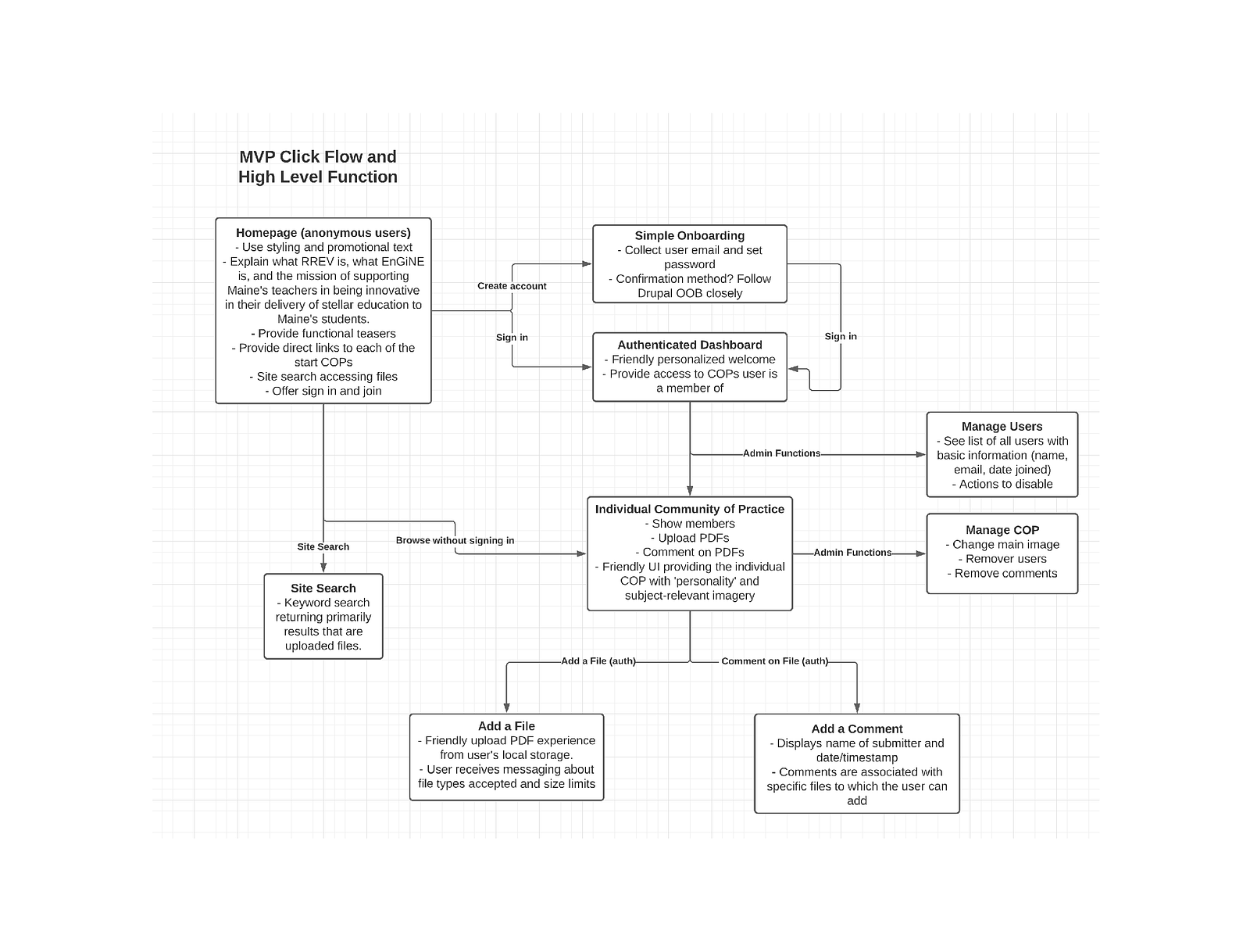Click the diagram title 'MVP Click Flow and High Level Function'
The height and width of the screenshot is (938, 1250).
click(x=318, y=166)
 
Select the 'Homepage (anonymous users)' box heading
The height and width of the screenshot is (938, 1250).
click(x=323, y=232)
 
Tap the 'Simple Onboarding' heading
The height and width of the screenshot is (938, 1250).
click(x=689, y=235)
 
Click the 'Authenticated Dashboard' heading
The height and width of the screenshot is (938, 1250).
click(x=689, y=345)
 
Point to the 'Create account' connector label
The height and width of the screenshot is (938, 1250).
click(x=512, y=286)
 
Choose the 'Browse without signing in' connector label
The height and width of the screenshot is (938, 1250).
click(x=455, y=540)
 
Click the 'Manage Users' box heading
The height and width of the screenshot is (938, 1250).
click(x=1002, y=426)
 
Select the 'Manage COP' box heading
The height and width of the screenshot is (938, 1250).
click(x=1002, y=530)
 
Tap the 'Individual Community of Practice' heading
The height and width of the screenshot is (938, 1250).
click(x=689, y=509)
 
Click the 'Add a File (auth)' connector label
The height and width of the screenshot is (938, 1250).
click(x=598, y=661)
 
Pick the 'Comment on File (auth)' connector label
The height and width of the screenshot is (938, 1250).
click(x=774, y=661)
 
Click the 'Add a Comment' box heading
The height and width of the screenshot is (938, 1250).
click(x=856, y=729)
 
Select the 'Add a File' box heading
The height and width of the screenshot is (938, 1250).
click(x=506, y=726)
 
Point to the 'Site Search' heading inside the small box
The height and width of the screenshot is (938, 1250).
click(x=323, y=588)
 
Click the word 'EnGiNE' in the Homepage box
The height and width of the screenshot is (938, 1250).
click(x=402, y=262)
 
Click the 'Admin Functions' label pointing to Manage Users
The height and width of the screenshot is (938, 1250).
click(x=781, y=453)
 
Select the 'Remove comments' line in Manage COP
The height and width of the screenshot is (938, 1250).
click(x=1005, y=573)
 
